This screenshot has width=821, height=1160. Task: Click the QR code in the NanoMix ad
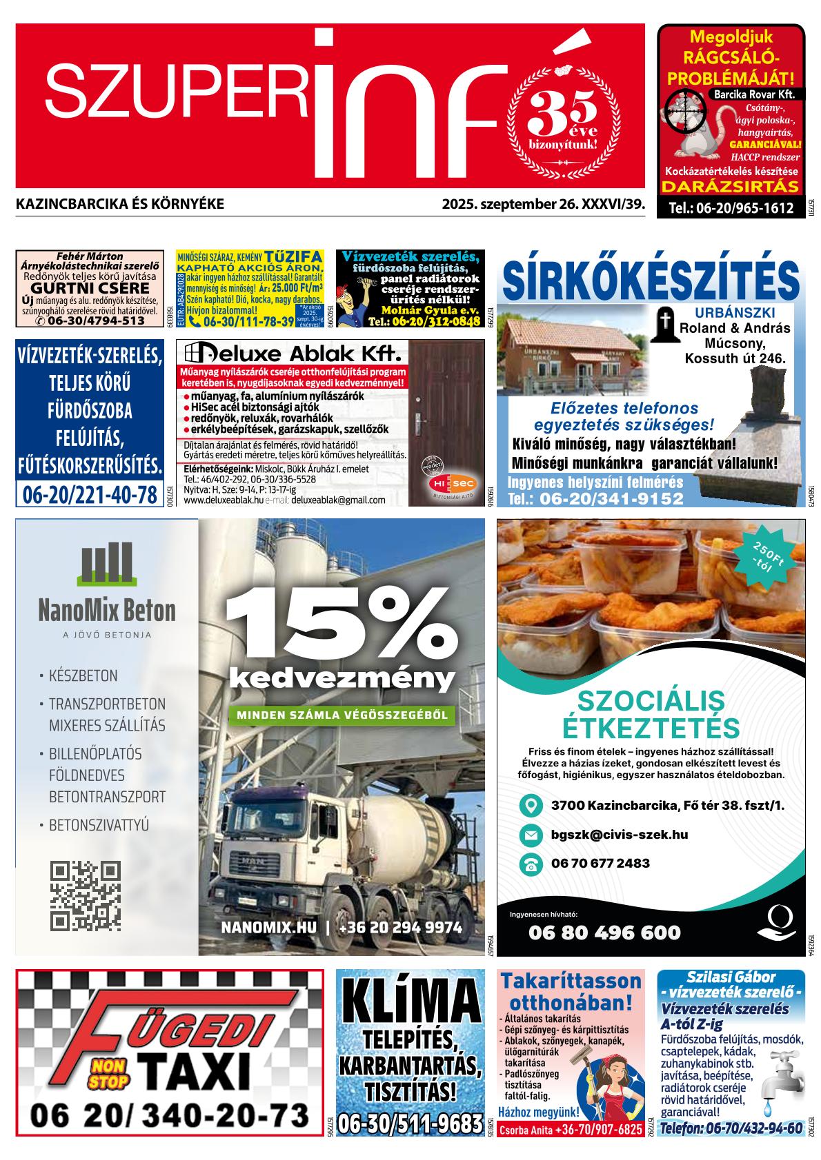(x=86, y=895)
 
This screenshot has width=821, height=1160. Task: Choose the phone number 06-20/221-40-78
(x=90, y=496)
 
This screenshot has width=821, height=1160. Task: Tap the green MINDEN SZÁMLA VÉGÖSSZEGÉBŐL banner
(x=342, y=715)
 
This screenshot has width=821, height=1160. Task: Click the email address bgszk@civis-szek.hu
(x=619, y=835)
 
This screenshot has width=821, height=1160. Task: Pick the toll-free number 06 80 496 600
(x=604, y=933)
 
